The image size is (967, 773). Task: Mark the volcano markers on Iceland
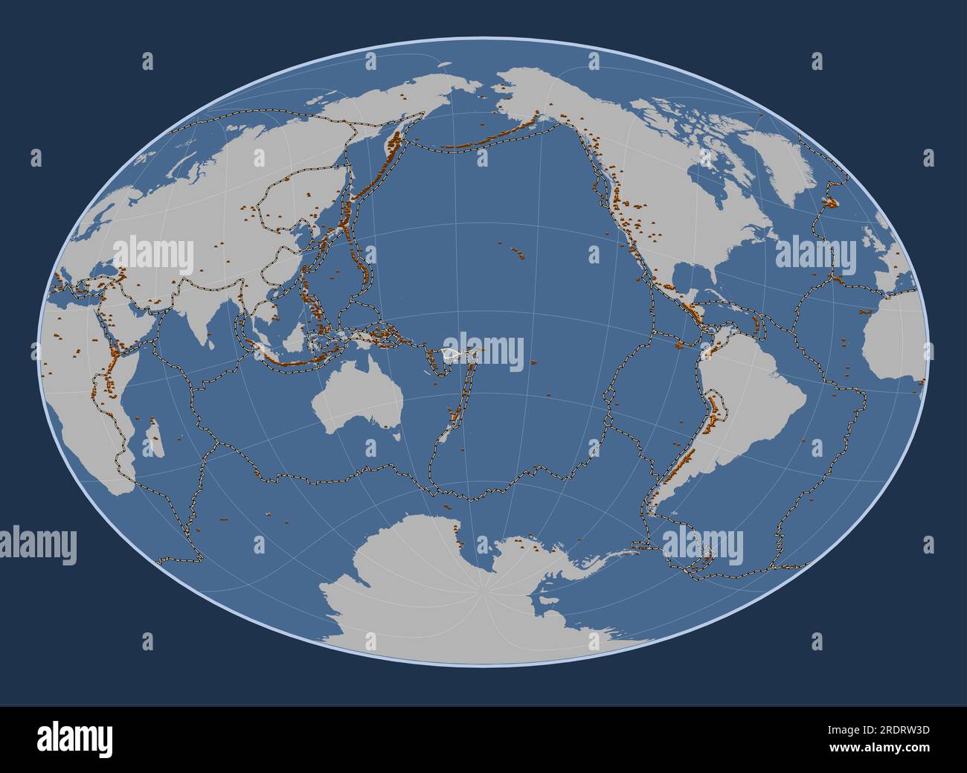[829, 199]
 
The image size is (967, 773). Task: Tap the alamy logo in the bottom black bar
[75, 739]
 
